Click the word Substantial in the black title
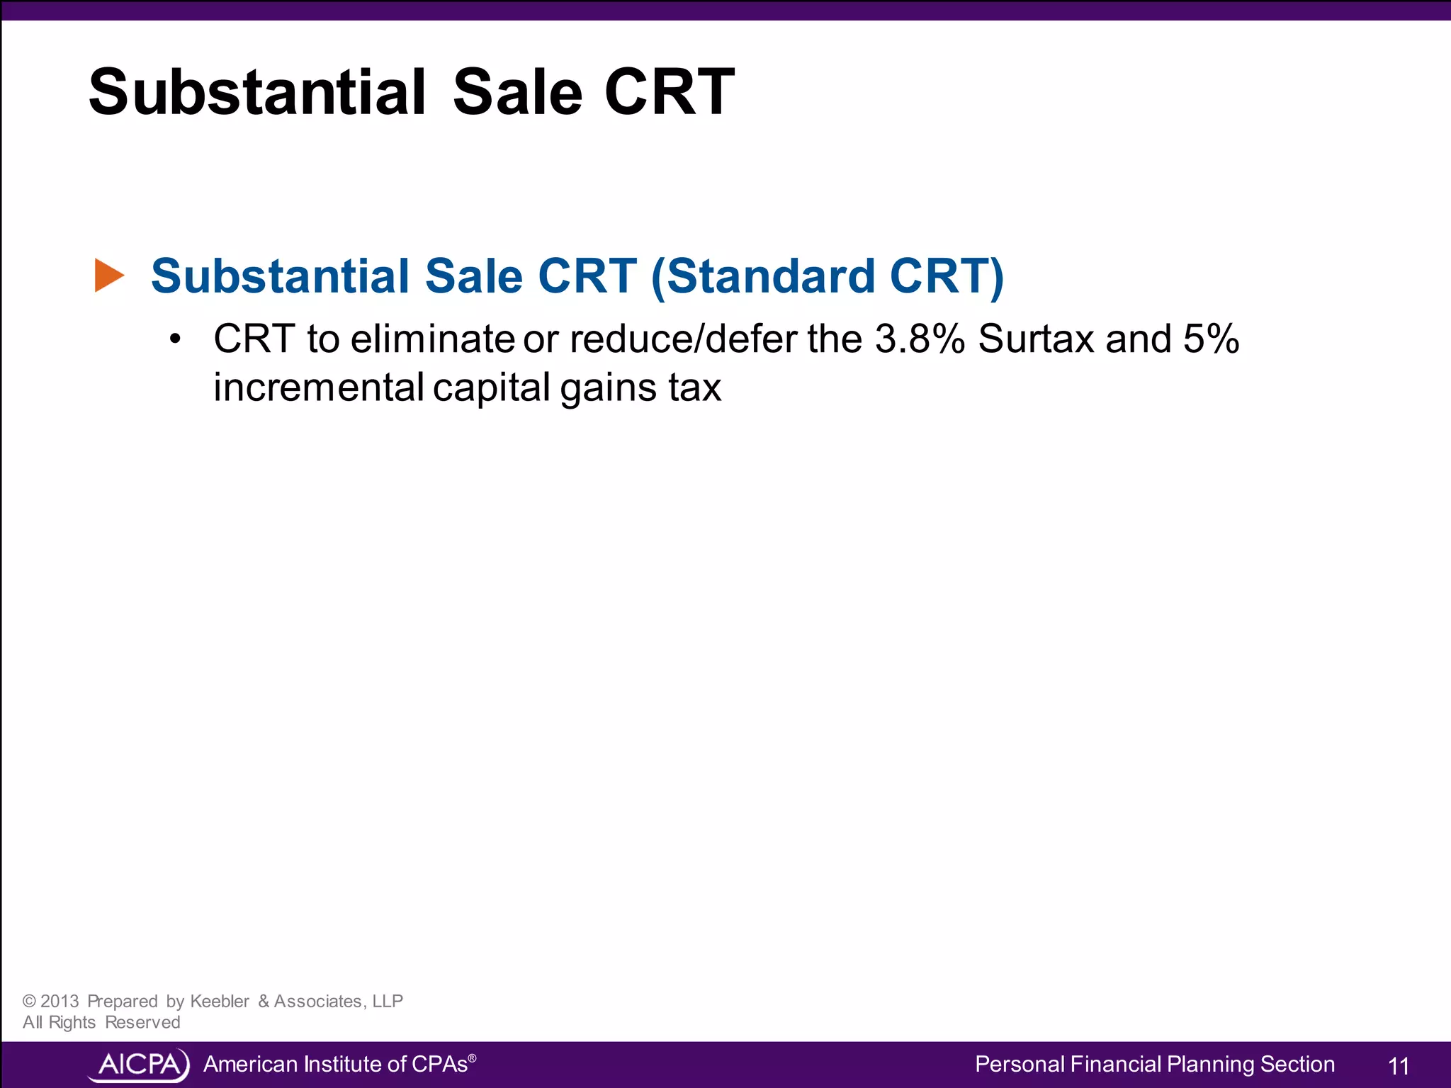click(x=257, y=92)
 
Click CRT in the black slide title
click(x=669, y=92)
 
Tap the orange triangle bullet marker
click(x=109, y=276)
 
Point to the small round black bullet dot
click(x=175, y=339)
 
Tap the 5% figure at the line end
click(x=1211, y=339)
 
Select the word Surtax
click(x=1037, y=339)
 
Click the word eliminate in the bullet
click(x=432, y=339)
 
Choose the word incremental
click(x=319, y=387)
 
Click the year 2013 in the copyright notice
click(x=60, y=1001)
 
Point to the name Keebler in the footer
click(x=220, y=1001)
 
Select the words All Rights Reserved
click(x=101, y=1022)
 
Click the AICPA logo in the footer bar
click(x=139, y=1065)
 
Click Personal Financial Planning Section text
click(x=1154, y=1064)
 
